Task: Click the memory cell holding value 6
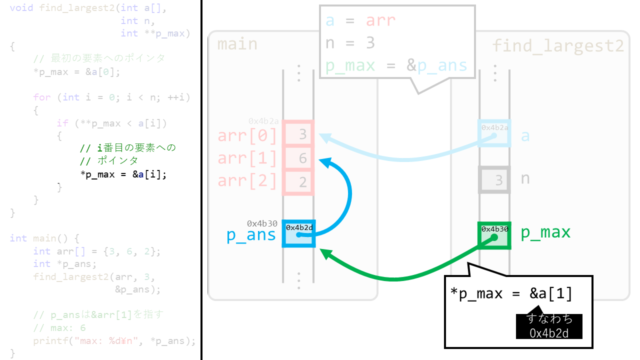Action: (x=298, y=158)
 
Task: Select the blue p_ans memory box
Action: (x=298, y=233)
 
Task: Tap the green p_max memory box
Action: (x=494, y=235)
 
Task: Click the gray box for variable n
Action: (x=494, y=179)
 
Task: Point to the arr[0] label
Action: (x=247, y=135)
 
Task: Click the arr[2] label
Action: (x=247, y=180)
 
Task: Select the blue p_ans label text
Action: (x=251, y=235)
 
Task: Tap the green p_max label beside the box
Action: (x=545, y=232)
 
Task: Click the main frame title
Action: (x=237, y=44)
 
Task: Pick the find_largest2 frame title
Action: (x=558, y=46)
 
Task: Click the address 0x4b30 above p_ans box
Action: (x=262, y=223)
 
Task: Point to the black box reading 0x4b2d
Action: (x=549, y=326)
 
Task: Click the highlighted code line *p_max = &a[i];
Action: (x=123, y=174)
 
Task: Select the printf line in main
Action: (x=114, y=341)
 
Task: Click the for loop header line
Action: (x=112, y=97)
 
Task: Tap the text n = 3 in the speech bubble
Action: (x=350, y=43)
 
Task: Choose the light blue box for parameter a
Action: (x=494, y=133)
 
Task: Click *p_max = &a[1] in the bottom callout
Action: (x=511, y=293)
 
